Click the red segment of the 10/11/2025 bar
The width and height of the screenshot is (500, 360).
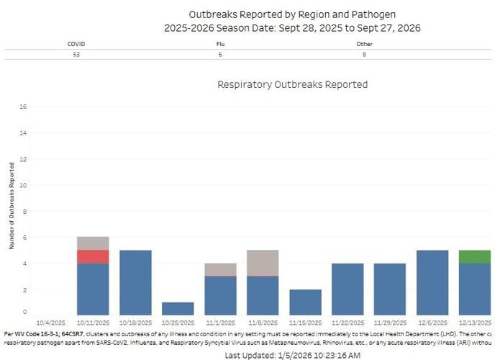pos(93,256)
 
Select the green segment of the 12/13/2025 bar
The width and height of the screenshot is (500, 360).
pos(474,256)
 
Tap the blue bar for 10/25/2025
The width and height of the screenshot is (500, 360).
pos(178,309)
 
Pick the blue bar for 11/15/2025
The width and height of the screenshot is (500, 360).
pos(305,302)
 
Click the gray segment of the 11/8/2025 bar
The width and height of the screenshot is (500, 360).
pos(263,263)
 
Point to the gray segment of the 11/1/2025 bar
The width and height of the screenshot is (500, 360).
pos(220,269)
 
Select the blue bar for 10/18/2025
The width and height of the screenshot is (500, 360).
pos(135,283)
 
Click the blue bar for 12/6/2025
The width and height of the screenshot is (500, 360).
pos(432,283)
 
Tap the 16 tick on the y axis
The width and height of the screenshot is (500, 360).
pos(23,107)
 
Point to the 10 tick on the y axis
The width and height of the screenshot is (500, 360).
pos(23,185)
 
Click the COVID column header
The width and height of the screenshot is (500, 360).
pos(76,44)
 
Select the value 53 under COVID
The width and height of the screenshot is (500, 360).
pos(76,54)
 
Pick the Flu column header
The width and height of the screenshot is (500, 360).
pos(220,44)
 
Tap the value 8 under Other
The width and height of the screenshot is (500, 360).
pos(365,54)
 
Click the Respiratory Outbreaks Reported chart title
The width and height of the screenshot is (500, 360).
pos(292,85)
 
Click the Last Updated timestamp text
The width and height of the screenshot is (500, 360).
pos(292,355)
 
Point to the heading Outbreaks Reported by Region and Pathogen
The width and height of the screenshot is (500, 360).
pos(292,14)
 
